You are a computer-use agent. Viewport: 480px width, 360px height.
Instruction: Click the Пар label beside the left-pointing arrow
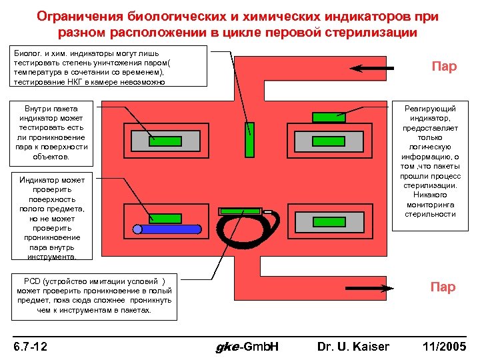[443, 67]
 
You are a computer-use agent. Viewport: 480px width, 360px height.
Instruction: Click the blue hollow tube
[167, 229]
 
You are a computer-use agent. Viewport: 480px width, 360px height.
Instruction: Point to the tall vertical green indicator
[249, 139]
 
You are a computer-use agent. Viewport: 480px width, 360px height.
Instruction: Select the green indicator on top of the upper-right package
[329, 117]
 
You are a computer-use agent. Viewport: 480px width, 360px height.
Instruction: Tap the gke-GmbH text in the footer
[248, 346]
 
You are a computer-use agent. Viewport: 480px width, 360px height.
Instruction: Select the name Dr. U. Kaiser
[353, 346]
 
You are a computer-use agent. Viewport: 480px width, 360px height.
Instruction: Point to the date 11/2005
[445, 346]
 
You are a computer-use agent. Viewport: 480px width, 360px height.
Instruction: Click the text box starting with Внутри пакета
[51, 133]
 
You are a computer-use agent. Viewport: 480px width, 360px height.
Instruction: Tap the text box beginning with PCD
[94, 295]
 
